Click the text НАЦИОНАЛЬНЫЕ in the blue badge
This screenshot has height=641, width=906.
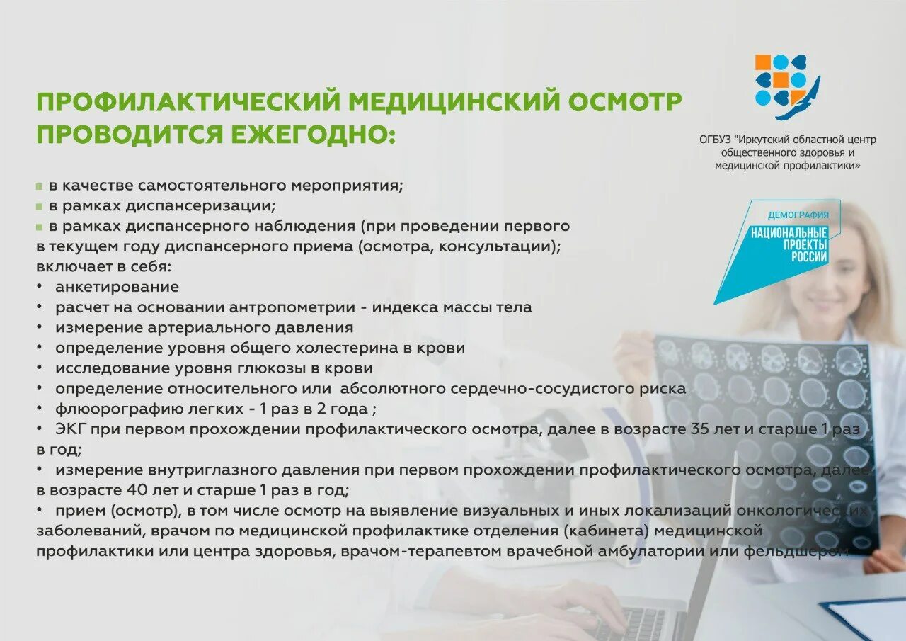(x=789, y=233)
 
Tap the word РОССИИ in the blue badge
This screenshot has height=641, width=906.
(x=809, y=257)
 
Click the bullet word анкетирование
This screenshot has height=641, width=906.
(x=117, y=288)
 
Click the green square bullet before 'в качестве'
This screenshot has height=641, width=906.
(x=40, y=187)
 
